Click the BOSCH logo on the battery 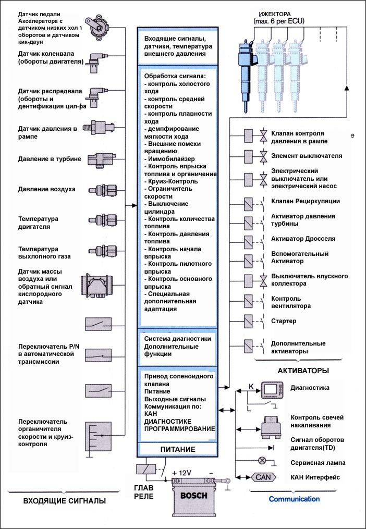click(193, 496)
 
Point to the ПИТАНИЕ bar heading click(177, 449)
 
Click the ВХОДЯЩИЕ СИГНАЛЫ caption click(65, 501)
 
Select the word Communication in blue click(294, 499)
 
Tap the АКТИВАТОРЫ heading click(303, 371)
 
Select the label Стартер click(284, 321)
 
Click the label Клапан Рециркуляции click(306, 201)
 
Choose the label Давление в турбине click(49, 158)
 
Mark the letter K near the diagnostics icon click(251, 386)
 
